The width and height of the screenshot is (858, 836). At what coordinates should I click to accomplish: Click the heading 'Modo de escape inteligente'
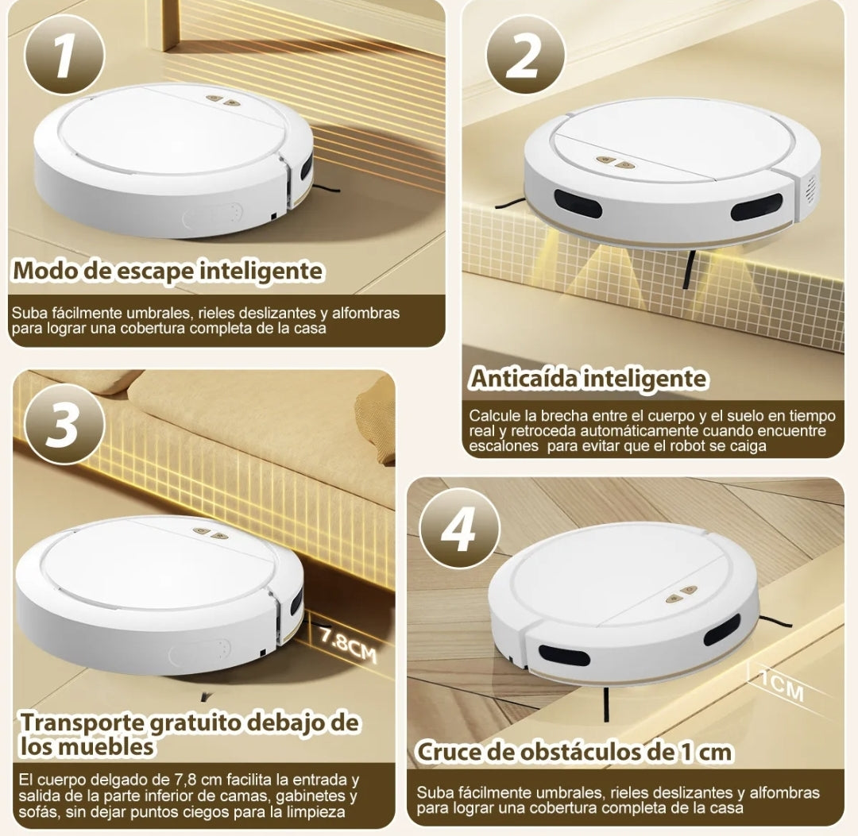(x=168, y=271)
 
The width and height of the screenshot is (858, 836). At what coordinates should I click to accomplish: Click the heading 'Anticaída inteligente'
(x=588, y=379)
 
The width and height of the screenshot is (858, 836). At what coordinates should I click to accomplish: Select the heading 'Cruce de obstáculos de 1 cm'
(x=574, y=751)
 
